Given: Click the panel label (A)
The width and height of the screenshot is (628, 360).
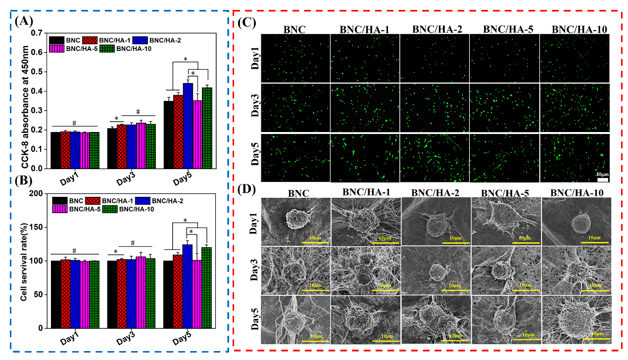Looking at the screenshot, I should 25,21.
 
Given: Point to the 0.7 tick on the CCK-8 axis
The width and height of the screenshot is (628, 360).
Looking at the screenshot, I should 37,33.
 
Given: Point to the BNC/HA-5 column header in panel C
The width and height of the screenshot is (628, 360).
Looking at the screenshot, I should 499,29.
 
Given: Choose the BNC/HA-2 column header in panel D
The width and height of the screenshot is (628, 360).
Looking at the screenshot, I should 436,194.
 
